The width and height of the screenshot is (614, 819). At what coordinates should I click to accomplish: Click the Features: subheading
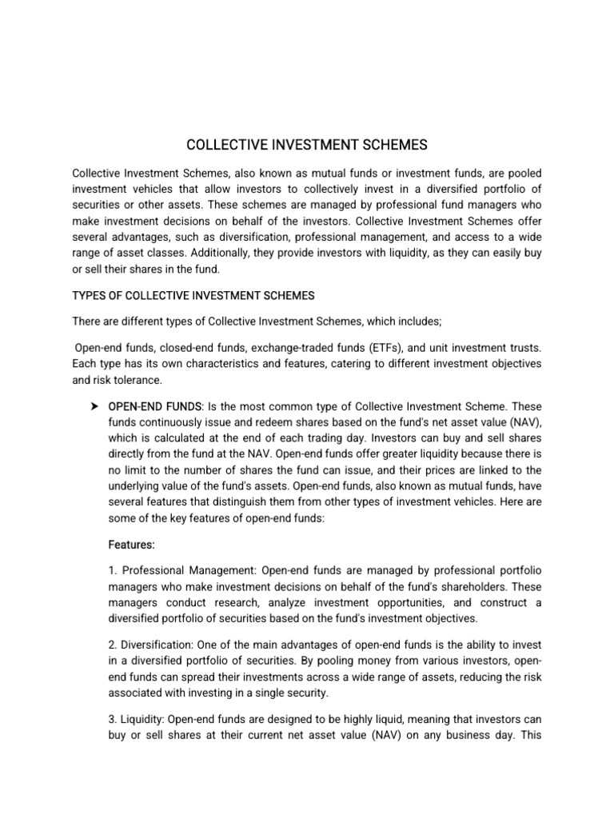(x=131, y=545)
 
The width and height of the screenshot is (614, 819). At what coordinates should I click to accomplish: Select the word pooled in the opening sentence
(x=523, y=174)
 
